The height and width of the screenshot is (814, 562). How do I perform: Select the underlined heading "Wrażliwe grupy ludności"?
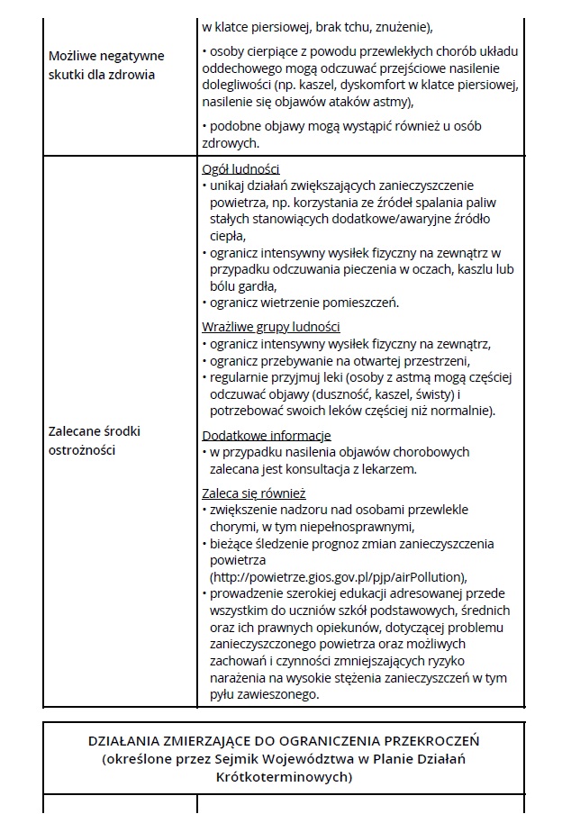pos(271,327)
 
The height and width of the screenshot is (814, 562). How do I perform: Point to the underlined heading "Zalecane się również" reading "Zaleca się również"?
pos(254,493)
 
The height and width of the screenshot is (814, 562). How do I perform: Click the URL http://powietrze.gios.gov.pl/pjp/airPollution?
pos(340,577)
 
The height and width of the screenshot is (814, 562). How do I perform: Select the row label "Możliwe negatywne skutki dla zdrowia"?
pos(101,65)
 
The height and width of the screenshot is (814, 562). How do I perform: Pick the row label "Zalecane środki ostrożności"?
pos(95,440)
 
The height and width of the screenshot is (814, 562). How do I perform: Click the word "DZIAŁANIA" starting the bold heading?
pos(126,741)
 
